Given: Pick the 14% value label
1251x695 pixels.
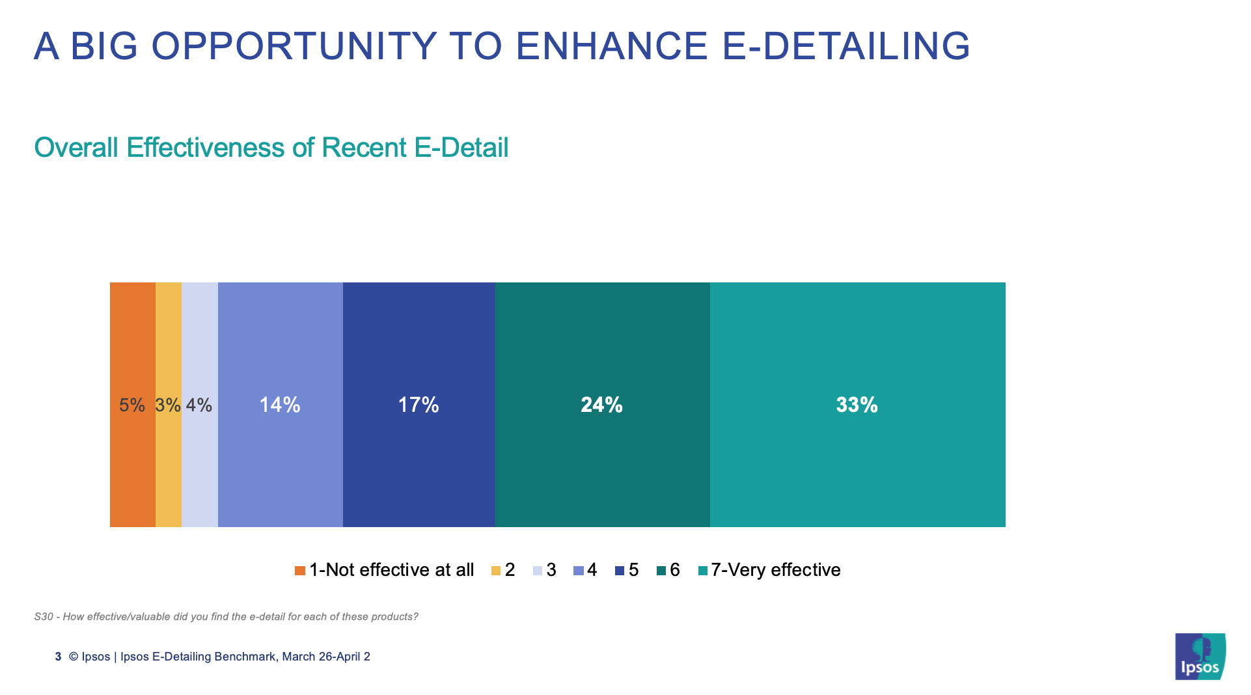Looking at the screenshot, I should [x=280, y=405].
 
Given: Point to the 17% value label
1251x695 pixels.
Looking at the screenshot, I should [x=419, y=405].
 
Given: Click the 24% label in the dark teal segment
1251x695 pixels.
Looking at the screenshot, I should [x=601, y=405].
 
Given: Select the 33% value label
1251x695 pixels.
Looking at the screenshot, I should [x=857, y=405].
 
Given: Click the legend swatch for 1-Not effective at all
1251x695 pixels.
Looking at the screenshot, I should [x=300, y=571].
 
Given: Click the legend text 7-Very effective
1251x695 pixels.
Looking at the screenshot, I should [x=775, y=570].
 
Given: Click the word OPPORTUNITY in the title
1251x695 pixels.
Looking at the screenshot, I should [x=294, y=46].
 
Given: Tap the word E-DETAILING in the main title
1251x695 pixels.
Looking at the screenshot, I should [x=846, y=46].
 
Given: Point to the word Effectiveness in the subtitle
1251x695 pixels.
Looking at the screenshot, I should [x=205, y=148].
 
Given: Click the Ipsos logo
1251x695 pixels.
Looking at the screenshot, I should [x=1200, y=657].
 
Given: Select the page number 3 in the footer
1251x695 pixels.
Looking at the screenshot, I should [x=58, y=657].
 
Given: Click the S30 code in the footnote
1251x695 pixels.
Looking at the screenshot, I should [x=44, y=616].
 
